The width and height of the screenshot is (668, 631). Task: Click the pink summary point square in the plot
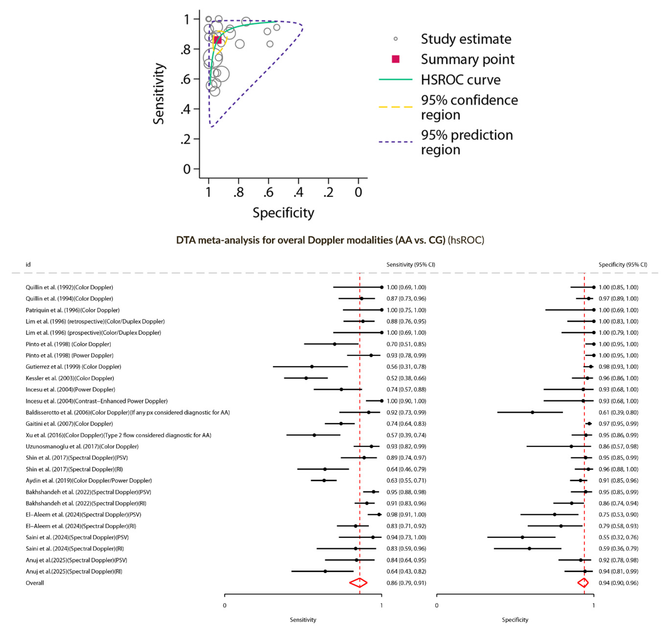tap(217, 40)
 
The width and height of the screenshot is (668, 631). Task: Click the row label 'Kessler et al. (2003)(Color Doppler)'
tap(70, 378)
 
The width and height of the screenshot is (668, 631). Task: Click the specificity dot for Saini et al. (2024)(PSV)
tap(522, 537)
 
